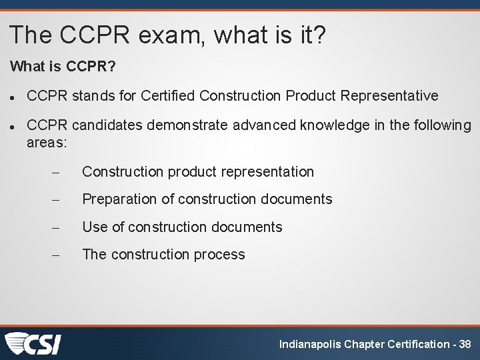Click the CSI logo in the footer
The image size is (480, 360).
[x=33, y=343]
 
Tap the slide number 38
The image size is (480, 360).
[x=465, y=344]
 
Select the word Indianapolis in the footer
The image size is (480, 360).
[x=310, y=344]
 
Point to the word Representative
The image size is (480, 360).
[x=389, y=95]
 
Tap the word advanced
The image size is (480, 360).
[x=175, y=125]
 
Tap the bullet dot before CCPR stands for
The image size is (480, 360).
[x=13, y=96]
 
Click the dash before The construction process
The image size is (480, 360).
[x=56, y=255]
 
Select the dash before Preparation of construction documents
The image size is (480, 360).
[x=56, y=199]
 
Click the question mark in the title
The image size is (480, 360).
[x=319, y=35]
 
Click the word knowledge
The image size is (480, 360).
[x=258, y=125]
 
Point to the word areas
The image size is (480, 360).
[x=47, y=142]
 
